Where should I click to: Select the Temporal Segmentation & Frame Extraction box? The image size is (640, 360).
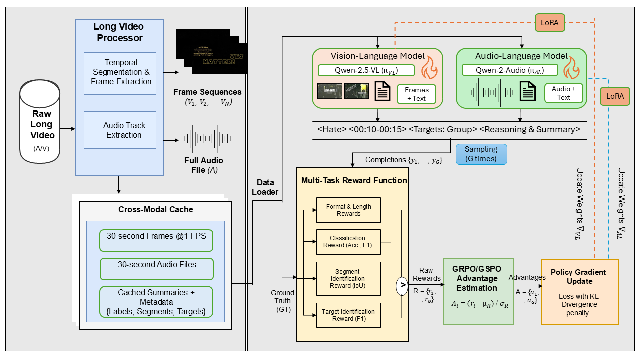pos(120,73)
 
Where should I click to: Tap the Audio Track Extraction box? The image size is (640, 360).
pos(120,130)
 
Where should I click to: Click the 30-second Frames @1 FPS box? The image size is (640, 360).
pos(156,241)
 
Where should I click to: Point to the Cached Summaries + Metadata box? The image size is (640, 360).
pos(156,301)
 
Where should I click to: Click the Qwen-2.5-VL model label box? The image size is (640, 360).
pos(366,71)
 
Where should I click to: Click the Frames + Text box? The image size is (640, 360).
pos(416,94)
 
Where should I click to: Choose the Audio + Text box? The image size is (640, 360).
pos(563,94)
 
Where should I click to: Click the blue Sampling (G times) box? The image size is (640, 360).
pos(481,154)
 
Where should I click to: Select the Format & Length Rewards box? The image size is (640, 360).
pos(349,210)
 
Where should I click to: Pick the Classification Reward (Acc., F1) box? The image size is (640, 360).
pos(349,242)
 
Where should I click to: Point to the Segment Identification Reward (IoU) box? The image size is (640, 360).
pos(349,279)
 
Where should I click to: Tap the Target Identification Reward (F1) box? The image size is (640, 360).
pos(349,315)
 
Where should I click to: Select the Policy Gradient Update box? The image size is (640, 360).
pos(580,291)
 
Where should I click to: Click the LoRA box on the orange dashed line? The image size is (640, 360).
pos(550,22)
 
